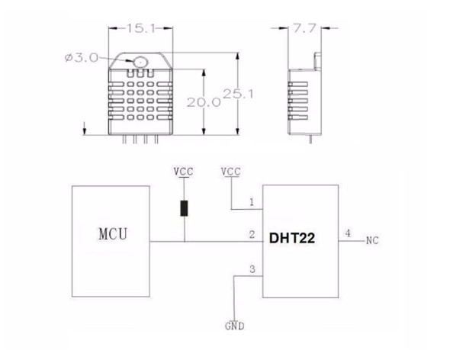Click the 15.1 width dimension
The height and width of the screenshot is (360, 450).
(140, 28)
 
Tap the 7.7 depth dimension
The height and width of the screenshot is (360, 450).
(304, 28)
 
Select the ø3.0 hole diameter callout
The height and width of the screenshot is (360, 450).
(82, 58)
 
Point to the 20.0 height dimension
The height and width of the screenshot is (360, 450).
(204, 102)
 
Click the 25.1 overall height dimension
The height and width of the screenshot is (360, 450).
(238, 94)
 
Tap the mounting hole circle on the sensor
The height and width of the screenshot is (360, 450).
(140, 62)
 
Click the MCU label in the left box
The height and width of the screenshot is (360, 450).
(113, 234)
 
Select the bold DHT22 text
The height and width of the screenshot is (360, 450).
(292, 238)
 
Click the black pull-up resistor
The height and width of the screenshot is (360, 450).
(184, 208)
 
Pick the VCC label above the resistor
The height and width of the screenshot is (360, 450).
(183, 172)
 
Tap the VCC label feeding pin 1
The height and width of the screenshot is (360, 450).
(231, 172)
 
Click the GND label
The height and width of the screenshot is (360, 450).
(235, 326)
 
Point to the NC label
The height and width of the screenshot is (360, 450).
(372, 240)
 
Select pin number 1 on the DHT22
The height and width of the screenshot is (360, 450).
(252, 202)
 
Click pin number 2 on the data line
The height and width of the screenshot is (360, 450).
(252, 235)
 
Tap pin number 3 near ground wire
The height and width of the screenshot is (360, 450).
(252, 269)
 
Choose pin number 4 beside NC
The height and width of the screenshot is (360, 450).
(348, 233)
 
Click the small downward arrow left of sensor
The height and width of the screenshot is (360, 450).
(85, 128)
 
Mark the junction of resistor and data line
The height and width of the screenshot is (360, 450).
(185, 242)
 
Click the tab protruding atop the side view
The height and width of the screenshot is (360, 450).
(318, 61)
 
